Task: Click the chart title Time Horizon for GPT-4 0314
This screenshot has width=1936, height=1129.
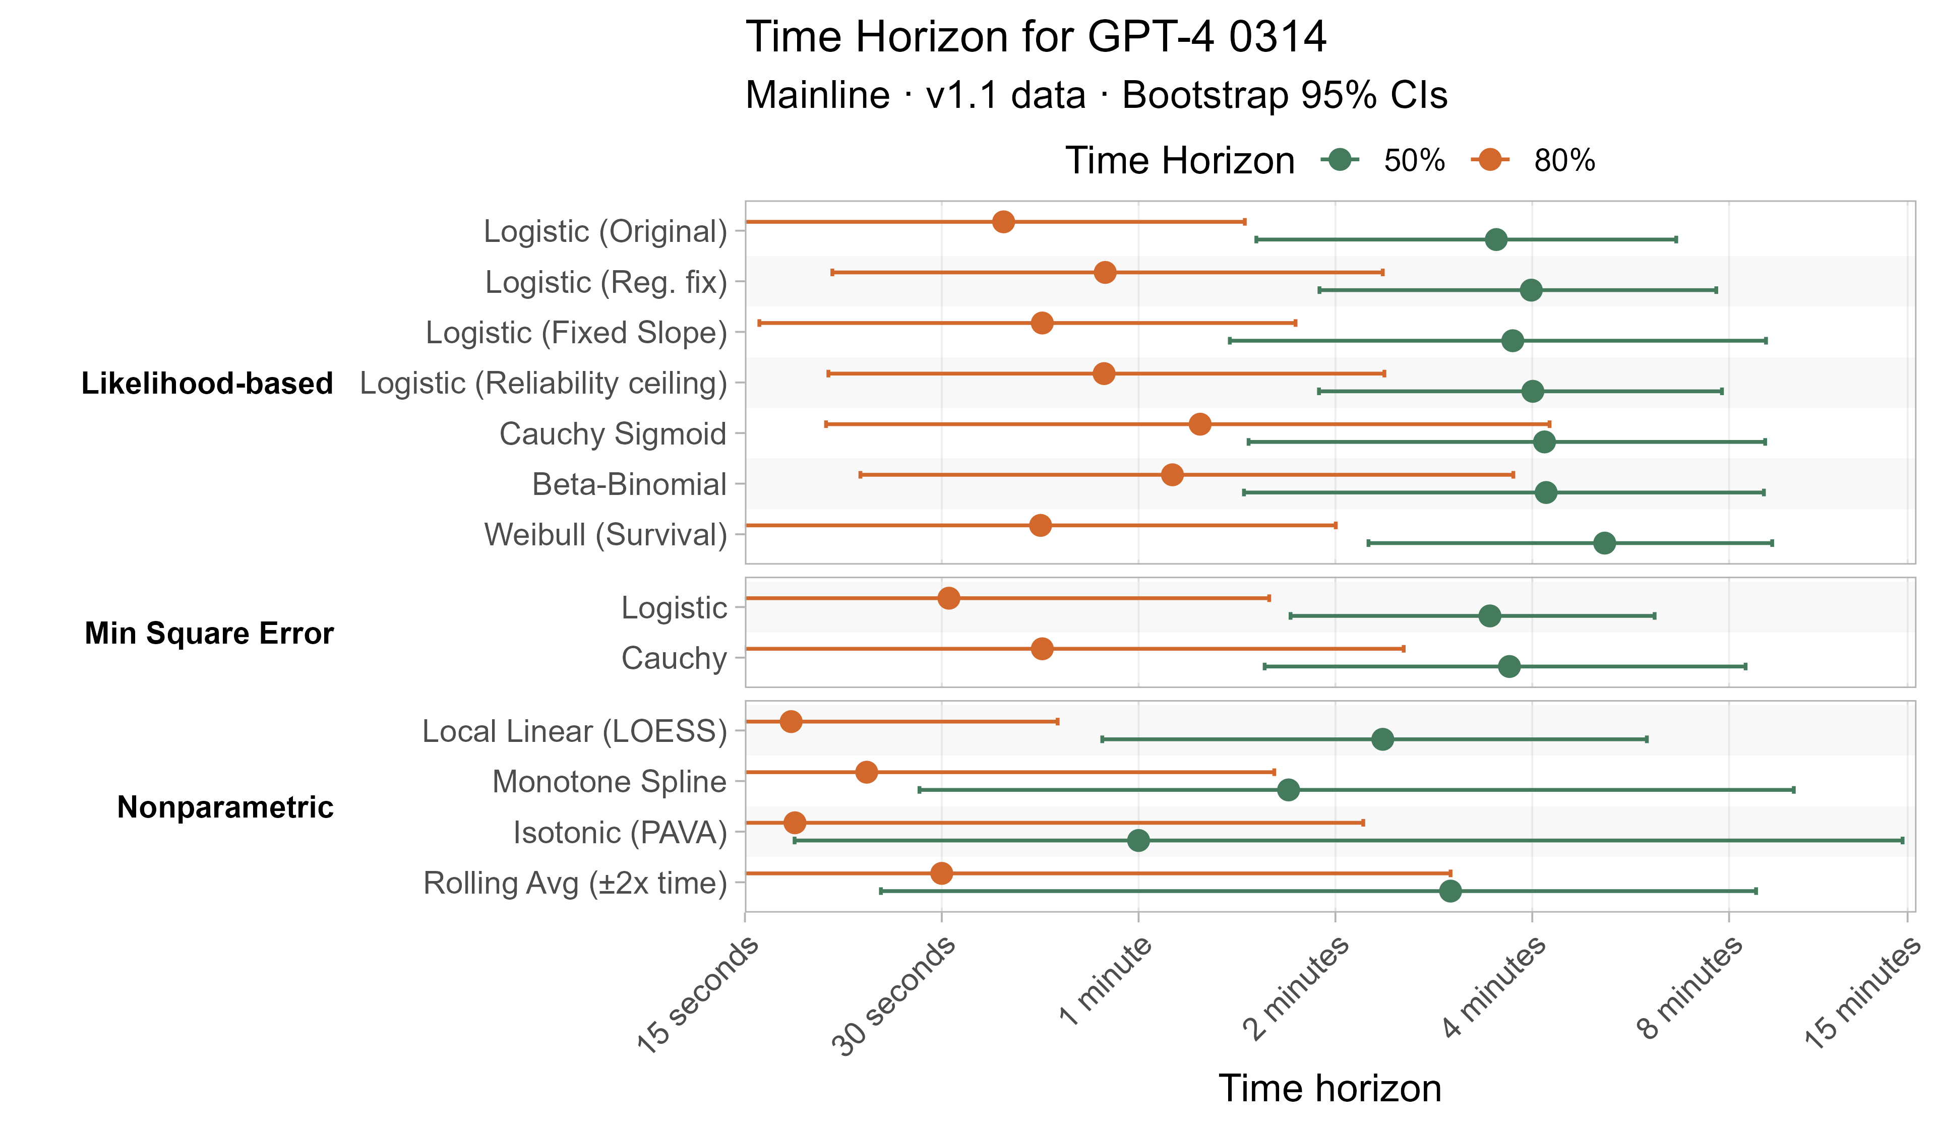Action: coord(1036,37)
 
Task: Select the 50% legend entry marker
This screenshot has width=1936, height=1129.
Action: coord(1340,160)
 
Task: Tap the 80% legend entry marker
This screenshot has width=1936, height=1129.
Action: coord(1490,160)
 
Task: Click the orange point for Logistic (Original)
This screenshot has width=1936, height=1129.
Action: coord(1003,222)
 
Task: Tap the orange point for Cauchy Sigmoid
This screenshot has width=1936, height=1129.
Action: coord(1200,424)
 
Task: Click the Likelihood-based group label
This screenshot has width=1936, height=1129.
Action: coord(207,383)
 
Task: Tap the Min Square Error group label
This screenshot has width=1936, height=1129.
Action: coord(209,634)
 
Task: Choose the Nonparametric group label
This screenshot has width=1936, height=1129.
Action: coord(225,807)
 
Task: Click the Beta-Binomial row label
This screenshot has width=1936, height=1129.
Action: coord(629,485)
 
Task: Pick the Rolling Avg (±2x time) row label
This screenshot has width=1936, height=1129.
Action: coord(575,883)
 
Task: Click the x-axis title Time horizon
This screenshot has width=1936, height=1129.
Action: coord(1330,1088)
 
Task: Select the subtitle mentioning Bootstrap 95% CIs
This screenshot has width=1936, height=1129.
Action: coord(1096,96)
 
